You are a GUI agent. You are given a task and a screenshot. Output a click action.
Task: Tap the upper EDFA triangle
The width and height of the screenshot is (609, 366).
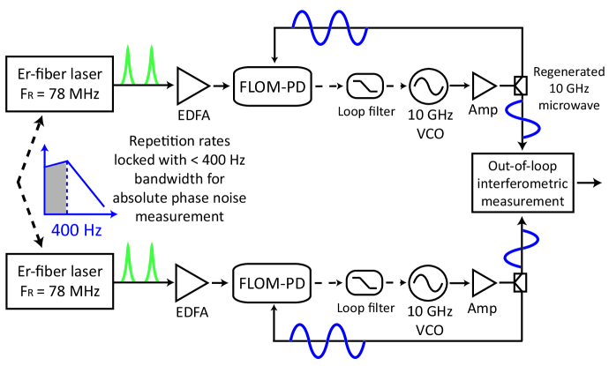coord(192,86)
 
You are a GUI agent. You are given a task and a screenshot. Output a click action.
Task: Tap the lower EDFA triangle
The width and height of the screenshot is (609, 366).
coord(192,283)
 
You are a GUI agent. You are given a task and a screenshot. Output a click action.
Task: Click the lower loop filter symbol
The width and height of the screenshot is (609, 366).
coord(364,283)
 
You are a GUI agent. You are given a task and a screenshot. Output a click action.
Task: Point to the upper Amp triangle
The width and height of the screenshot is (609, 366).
coord(484,86)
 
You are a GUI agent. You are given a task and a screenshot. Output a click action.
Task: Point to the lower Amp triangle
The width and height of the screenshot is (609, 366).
coord(484,283)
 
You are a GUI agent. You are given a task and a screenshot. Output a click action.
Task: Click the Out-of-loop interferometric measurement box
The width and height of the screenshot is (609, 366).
coord(523,183)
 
